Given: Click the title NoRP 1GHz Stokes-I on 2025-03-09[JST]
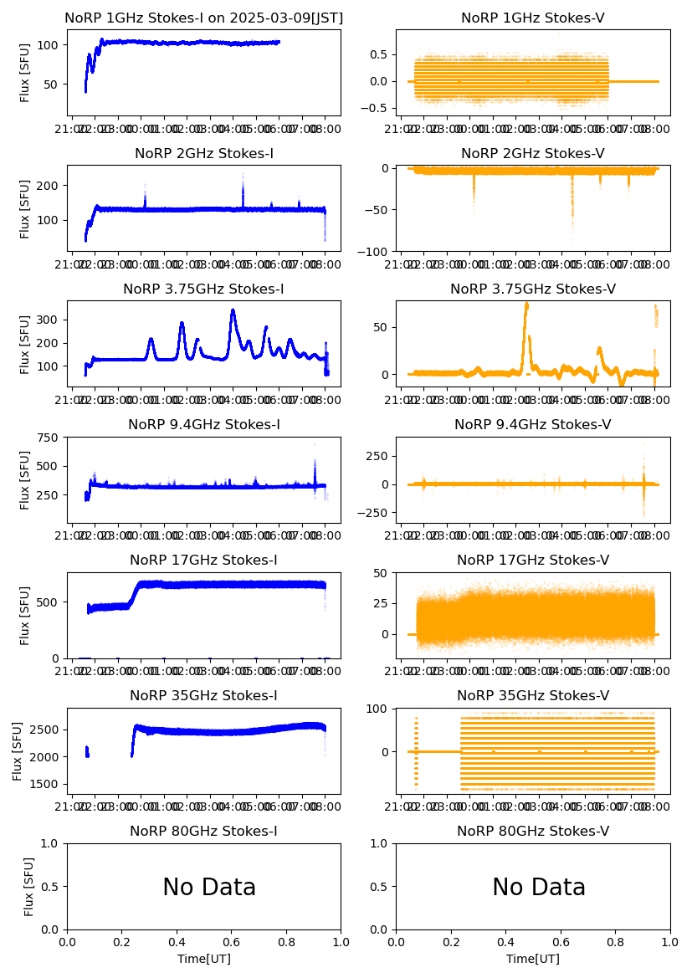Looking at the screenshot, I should (x=203, y=18).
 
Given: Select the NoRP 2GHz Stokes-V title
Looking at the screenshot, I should (x=533, y=154).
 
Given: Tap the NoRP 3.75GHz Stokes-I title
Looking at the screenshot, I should (x=203, y=289).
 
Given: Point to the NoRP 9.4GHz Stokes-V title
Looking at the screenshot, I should (x=533, y=425).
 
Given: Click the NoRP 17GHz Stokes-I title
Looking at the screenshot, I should (x=203, y=561).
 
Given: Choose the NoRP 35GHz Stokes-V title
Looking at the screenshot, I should (x=533, y=696).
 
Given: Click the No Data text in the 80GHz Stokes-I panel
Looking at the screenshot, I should (x=209, y=888).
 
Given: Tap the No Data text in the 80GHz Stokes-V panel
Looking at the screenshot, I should (x=539, y=888).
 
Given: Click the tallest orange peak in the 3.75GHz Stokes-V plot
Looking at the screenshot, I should (x=526, y=305).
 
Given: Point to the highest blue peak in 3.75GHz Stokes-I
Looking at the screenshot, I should (x=233, y=310).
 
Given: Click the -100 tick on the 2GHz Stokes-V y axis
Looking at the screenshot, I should (x=378, y=251).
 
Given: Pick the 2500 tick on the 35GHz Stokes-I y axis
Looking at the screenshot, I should (x=45, y=730).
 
